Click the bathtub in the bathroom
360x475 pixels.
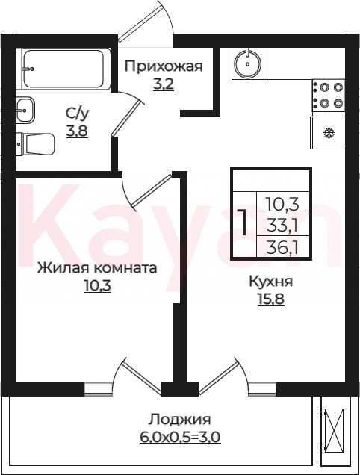pos(63,69)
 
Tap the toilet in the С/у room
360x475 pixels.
pos(36,143)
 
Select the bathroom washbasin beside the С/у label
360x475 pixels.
pos(25,110)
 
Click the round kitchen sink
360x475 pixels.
pos(248,63)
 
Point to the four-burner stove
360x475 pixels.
pos(329,95)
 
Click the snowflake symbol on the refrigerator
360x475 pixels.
pos(329,133)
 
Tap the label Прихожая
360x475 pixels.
pos(164,66)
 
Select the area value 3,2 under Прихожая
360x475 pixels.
pos(164,84)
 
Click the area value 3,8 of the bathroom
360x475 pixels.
pos(77,131)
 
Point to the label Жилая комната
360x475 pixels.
pos(97,268)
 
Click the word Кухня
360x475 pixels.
pos(271,282)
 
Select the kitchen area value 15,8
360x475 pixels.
pos(271,299)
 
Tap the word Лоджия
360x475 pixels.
pos(180,420)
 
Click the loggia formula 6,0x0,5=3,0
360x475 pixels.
pos(180,437)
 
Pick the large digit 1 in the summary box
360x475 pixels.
pos(243,222)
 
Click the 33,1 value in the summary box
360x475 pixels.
pos(282,225)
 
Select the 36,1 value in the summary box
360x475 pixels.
pos(282,248)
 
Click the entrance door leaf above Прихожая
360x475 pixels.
pos(141,21)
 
